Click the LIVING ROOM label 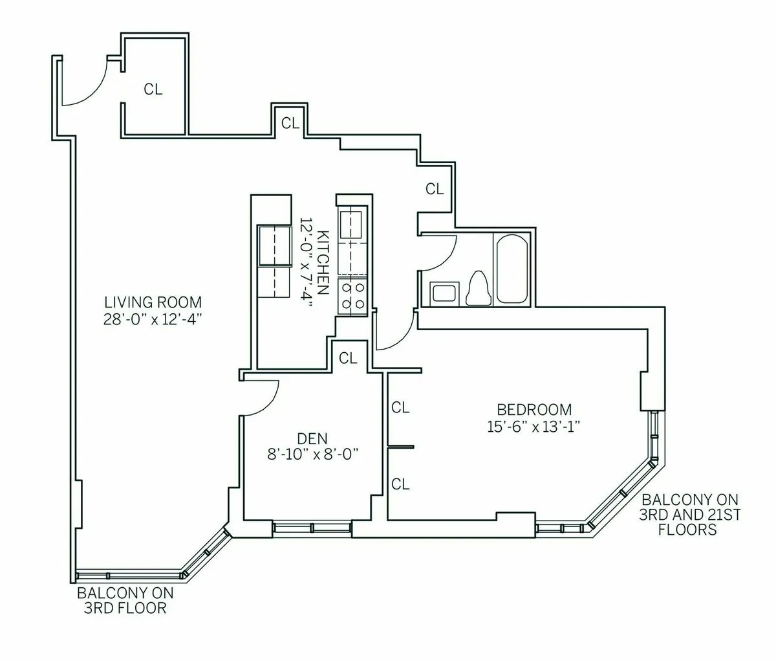pos(153,302)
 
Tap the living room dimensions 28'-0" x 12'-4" pos(153,319)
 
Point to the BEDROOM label pos(534,409)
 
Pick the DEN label pos(313,437)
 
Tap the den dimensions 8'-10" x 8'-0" pos(313,454)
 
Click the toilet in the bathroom pos(478,287)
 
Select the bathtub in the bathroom pos(512,269)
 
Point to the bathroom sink pos(444,293)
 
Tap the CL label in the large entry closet pos(153,89)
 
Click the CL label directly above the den pos(348,357)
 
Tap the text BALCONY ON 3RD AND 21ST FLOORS pos(689,515)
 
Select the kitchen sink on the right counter pos(351,225)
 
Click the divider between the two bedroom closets pos(401,446)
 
